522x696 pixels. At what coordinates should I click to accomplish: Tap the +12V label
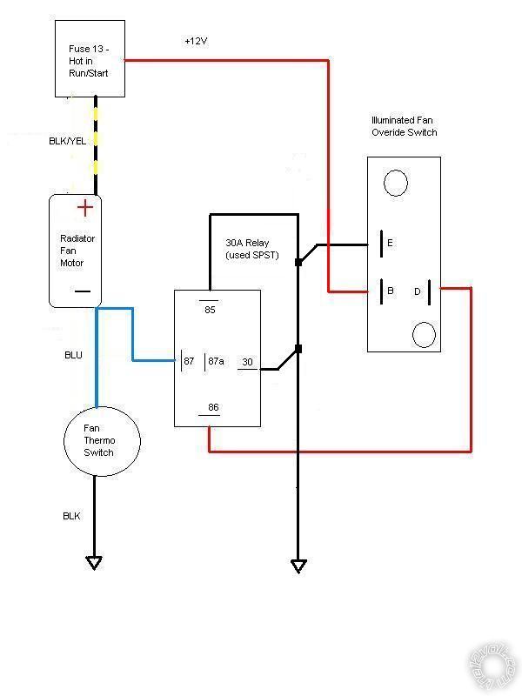197,42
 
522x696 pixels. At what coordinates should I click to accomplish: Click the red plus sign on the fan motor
85,208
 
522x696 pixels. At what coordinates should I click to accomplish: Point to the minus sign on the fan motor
83,292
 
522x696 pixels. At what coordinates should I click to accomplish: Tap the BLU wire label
75,356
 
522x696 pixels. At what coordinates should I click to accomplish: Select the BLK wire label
71,516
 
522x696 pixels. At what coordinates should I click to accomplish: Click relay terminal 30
247,363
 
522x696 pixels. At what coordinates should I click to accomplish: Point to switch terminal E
389,244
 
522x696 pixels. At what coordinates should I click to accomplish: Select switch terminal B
391,291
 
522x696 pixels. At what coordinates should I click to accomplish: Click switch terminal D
417,291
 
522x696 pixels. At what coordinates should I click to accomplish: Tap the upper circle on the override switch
396,183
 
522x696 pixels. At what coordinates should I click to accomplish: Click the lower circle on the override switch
424,333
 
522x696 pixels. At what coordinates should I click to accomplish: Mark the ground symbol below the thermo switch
94,563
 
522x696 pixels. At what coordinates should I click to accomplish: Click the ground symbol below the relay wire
298,566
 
